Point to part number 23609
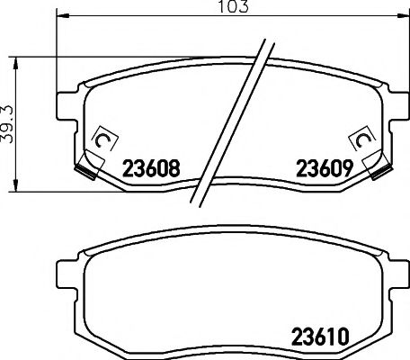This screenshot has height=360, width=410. tap(319, 166)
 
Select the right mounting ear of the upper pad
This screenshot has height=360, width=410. tap(393, 106)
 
